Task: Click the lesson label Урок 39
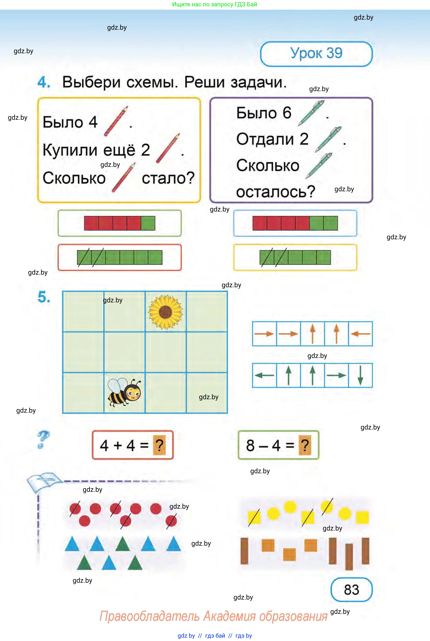click(316, 53)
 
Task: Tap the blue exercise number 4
click(44, 82)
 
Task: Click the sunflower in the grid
click(165, 312)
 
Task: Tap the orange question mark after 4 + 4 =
click(159, 445)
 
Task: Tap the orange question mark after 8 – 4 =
click(305, 445)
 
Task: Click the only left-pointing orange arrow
click(360, 334)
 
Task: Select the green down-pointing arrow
click(360, 375)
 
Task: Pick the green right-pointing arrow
click(336, 375)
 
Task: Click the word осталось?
click(276, 192)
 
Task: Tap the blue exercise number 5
click(44, 297)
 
